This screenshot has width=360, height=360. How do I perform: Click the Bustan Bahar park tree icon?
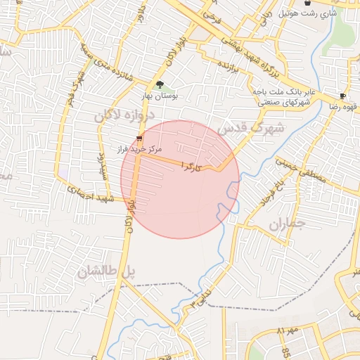pos(160,84)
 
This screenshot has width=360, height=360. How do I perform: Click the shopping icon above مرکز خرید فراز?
pos(139,139)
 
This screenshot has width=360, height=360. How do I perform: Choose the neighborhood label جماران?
pos(285,225)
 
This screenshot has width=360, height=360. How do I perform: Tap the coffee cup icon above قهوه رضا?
pos(342,96)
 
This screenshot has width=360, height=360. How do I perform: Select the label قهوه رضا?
pos(342,106)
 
